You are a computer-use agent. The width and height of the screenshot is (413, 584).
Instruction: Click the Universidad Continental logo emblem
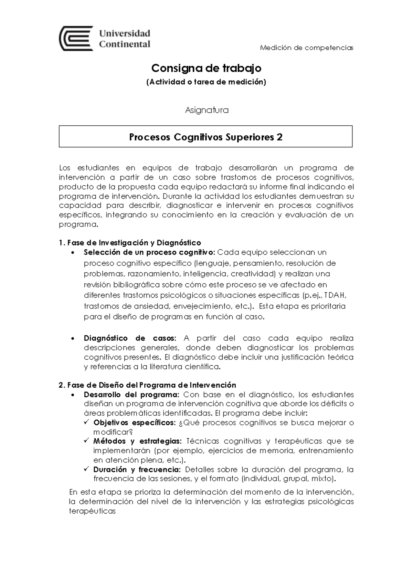coord(76,38)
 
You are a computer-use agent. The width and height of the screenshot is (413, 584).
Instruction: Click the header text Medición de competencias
coord(307,48)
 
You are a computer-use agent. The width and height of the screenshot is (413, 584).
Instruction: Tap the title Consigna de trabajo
coord(206,68)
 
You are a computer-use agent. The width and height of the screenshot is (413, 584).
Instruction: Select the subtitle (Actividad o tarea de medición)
coord(206,82)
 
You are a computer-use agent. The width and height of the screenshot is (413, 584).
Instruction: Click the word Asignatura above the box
coord(207,110)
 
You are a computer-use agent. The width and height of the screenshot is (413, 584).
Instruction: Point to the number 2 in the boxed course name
coord(279,137)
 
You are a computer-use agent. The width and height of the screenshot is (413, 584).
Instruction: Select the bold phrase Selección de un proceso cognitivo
coord(149,252)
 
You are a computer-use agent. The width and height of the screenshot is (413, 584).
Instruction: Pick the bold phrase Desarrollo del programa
coord(131,394)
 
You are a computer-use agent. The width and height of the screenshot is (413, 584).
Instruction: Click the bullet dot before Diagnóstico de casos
coord(72,338)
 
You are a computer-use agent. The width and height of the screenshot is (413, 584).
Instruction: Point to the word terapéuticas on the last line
coord(92,511)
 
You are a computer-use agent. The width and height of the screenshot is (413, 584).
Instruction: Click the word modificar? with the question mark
coord(113,432)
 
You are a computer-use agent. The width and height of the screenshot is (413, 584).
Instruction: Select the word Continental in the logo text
coord(125,44)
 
